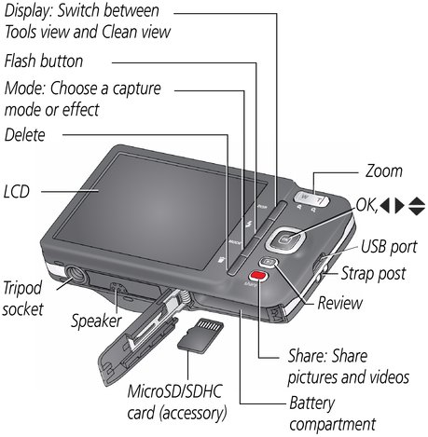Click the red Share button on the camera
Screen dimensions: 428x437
[x=258, y=276]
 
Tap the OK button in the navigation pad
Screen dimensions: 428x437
[x=285, y=239]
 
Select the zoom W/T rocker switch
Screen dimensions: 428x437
[x=311, y=198]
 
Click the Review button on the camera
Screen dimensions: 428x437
[x=268, y=262]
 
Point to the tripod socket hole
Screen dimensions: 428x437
[x=75, y=273]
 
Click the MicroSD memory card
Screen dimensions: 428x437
[x=200, y=335]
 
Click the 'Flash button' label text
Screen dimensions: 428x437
[x=44, y=61]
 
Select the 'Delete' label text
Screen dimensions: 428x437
[x=25, y=135]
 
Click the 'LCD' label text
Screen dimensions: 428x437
[x=17, y=191]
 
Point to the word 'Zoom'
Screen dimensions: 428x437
[x=384, y=171]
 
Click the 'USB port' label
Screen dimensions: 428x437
[x=389, y=247]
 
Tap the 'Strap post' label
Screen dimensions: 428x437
[x=374, y=274]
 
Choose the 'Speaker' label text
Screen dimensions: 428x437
[x=96, y=321]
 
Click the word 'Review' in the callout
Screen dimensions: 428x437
[x=340, y=303]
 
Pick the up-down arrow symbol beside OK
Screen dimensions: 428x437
[x=417, y=206]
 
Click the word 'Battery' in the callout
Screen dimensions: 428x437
[x=311, y=403]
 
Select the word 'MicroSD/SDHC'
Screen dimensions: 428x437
[x=174, y=391]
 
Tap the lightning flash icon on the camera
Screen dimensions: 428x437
[x=248, y=224]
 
